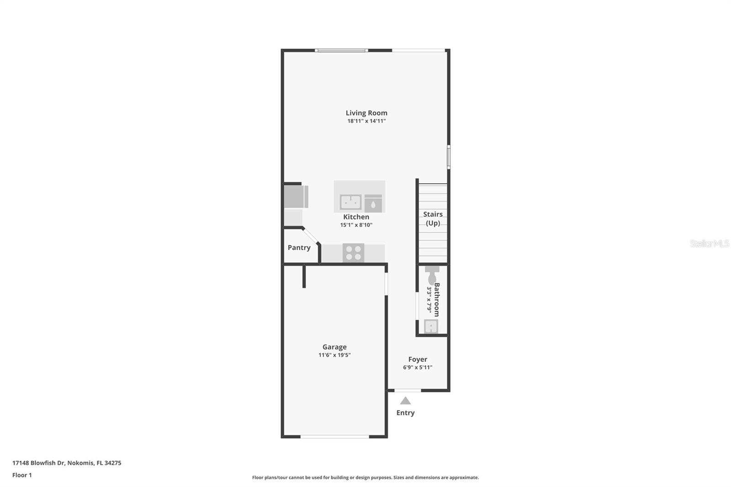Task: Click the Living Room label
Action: click(x=366, y=113)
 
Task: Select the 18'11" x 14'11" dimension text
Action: click(x=366, y=121)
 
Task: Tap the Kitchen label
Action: click(x=356, y=217)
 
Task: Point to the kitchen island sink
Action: click(x=350, y=201)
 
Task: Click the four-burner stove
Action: click(x=353, y=253)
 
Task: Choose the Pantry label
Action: click(x=299, y=248)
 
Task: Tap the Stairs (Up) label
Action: click(x=433, y=218)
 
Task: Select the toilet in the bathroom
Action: click(x=432, y=275)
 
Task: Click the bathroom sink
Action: click(x=431, y=326)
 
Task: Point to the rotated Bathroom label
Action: click(x=437, y=300)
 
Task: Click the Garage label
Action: click(x=334, y=347)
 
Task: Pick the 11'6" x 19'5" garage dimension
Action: click(x=334, y=355)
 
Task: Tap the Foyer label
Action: click(x=418, y=360)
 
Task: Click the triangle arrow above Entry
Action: click(x=405, y=401)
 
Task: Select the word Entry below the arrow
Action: click(x=405, y=413)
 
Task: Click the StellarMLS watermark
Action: click(x=709, y=243)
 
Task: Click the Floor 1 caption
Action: click(x=22, y=475)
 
